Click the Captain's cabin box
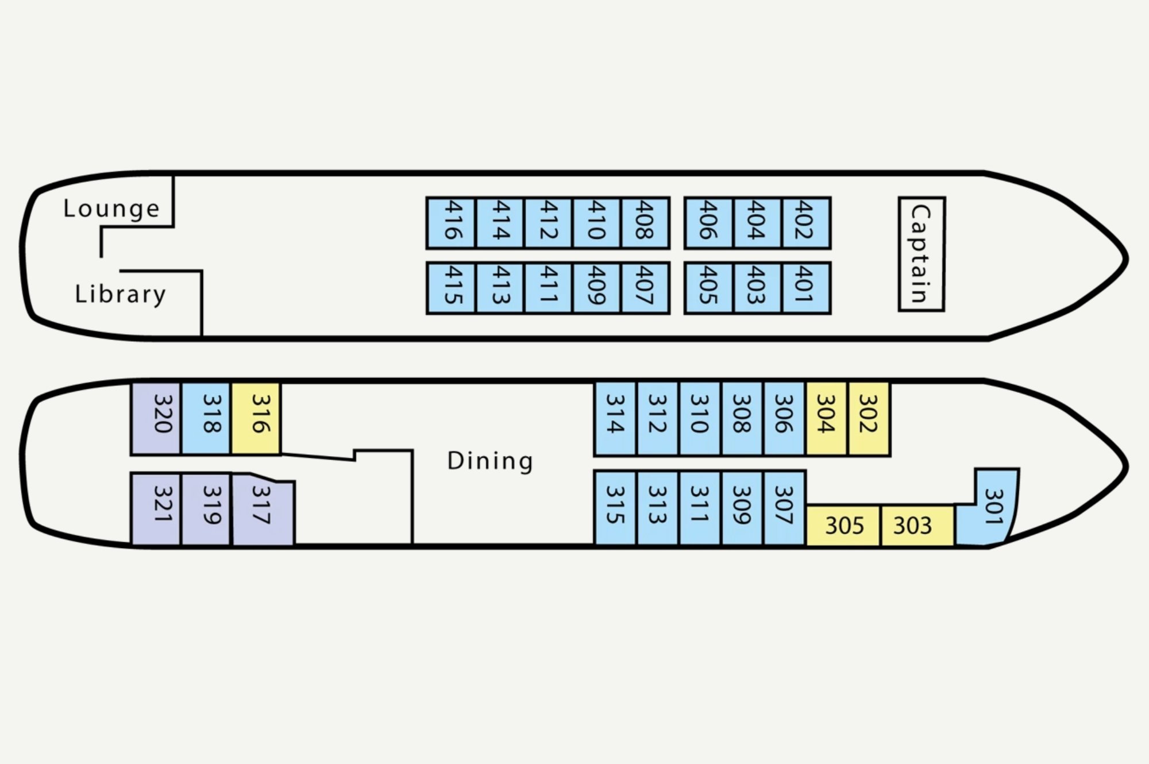pyautogui.click(x=921, y=254)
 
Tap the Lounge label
pyautogui.click(x=111, y=208)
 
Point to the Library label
pyautogui.click(x=121, y=294)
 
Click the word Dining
pyautogui.click(x=490, y=461)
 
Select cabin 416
pyautogui.click(x=451, y=223)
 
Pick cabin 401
pyautogui.click(x=807, y=288)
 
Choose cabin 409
pyautogui.click(x=597, y=288)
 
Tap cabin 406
pyautogui.click(x=708, y=223)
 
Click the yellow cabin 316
pyautogui.click(x=256, y=418)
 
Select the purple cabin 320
pyautogui.click(x=156, y=418)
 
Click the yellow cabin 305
pyautogui.click(x=843, y=526)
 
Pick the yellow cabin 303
pyautogui.click(x=917, y=526)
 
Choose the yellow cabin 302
pyautogui.click(x=869, y=418)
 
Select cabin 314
pyautogui.click(x=615, y=418)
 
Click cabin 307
pyautogui.click(x=785, y=507)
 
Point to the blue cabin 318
pyautogui.click(x=206, y=418)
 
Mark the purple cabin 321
pyautogui.click(x=156, y=509)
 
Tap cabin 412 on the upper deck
pyautogui.click(x=549, y=223)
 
